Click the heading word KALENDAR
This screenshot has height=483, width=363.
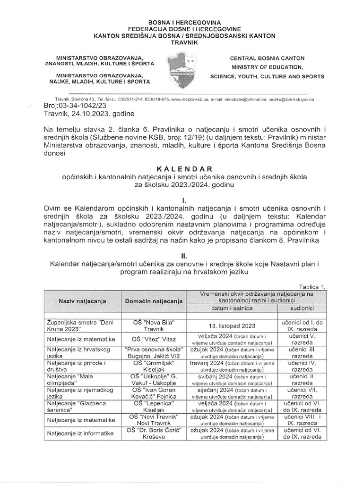point(181,169)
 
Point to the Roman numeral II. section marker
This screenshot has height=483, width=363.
point(182,256)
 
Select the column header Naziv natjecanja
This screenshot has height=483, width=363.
point(82,300)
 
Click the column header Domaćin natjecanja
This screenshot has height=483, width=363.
point(153,300)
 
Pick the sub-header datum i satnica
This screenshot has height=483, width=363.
point(232,308)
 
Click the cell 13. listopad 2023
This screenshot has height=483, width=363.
point(232,325)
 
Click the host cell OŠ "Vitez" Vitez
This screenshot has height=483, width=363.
point(153,339)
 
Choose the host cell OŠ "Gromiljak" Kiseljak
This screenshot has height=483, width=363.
point(153,366)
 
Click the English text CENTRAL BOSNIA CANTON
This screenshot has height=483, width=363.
point(267,58)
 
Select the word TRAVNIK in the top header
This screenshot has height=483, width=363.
point(181,42)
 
